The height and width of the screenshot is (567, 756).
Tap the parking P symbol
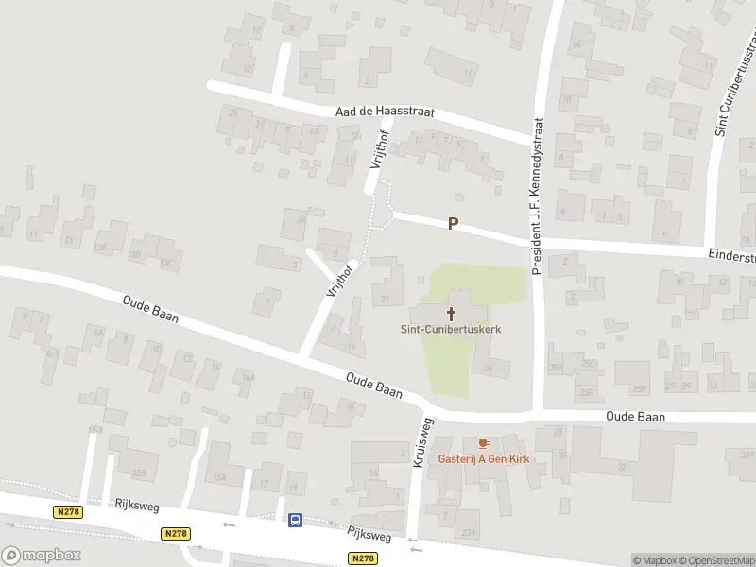click(x=453, y=224)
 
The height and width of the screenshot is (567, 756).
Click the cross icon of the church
click(x=451, y=313)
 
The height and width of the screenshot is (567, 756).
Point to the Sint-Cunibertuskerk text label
click(x=450, y=330)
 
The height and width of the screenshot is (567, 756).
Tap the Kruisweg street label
click(x=422, y=442)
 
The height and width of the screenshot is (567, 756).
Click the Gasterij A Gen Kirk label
click(x=483, y=459)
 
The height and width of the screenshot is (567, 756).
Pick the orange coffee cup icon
click(x=483, y=443)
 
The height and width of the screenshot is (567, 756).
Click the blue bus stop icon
click(x=295, y=519)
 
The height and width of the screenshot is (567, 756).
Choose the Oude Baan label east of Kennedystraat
click(x=635, y=417)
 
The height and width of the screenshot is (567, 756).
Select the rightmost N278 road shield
click(x=363, y=558)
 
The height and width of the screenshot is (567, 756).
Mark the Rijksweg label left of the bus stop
click(x=132, y=507)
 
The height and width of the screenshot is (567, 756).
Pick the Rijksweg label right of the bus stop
click(x=368, y=535)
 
